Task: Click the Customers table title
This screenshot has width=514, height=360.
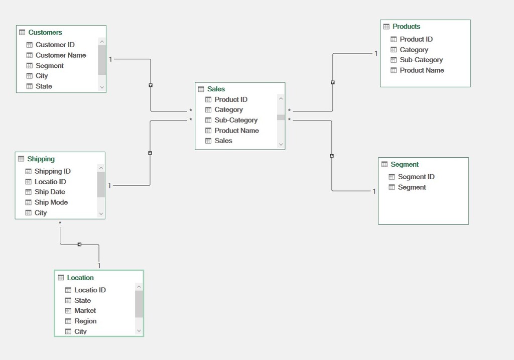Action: pos(45,32)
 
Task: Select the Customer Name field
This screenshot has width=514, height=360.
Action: pos(61,55)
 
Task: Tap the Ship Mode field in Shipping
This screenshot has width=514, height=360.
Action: pos(51,202)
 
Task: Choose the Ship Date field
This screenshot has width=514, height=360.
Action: pos(50,192)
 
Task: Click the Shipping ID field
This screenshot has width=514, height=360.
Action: pos(52,171)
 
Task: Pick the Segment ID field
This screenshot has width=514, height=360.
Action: pos(416,177)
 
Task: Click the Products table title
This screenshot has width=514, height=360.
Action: pos(406,26)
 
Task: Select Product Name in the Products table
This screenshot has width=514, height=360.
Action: pos(422,70)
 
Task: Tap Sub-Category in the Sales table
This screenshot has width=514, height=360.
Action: pos(236,120)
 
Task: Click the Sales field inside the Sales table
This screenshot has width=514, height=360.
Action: pos(223,141)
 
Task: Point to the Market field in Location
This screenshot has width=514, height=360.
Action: pos(85,310)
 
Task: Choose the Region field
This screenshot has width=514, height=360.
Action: pos(85,321)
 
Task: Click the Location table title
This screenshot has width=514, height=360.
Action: pos(80,278)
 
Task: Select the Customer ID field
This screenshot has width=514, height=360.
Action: pos(55,45)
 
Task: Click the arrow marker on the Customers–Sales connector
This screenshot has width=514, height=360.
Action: pos(151,85)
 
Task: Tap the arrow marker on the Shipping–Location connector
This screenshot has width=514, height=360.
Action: pos(79,244)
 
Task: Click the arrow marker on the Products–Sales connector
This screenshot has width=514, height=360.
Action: pos(333,82)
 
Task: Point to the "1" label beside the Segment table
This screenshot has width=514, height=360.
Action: pos(374,191)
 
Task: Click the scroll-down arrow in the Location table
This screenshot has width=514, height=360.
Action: pos(139,331)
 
